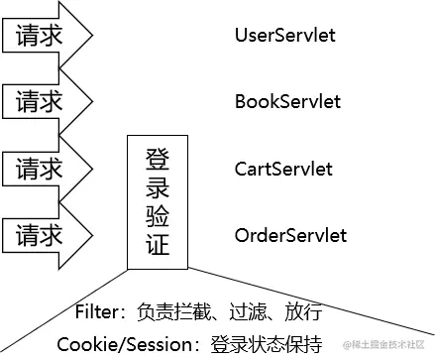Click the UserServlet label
click(285, 36)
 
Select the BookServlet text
click(287, 101)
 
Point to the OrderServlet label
click(290, 235)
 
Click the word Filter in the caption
click(97, 311)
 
